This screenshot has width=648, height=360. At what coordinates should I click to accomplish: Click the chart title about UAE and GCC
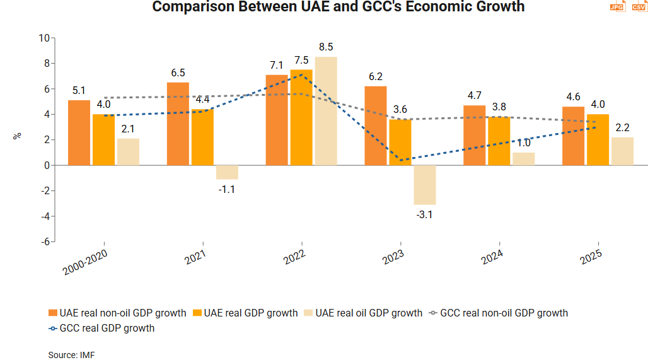338,8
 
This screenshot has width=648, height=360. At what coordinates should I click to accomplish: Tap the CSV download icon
638,6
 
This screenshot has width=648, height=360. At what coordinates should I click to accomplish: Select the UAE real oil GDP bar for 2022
326,111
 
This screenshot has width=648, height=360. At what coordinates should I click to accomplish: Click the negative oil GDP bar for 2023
424,185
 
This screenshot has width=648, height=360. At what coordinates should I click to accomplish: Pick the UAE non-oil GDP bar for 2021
178,124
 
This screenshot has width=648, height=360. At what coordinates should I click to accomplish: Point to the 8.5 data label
326,47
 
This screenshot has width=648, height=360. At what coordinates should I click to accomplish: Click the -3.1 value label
424,215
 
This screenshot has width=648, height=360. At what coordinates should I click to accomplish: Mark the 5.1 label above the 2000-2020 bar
79,90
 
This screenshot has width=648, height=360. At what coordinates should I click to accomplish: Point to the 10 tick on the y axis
44,38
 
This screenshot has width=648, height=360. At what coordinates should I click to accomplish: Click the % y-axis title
18,136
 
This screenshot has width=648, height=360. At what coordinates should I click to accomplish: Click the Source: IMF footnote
71,355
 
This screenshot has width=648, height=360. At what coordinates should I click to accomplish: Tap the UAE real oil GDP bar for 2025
622,151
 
